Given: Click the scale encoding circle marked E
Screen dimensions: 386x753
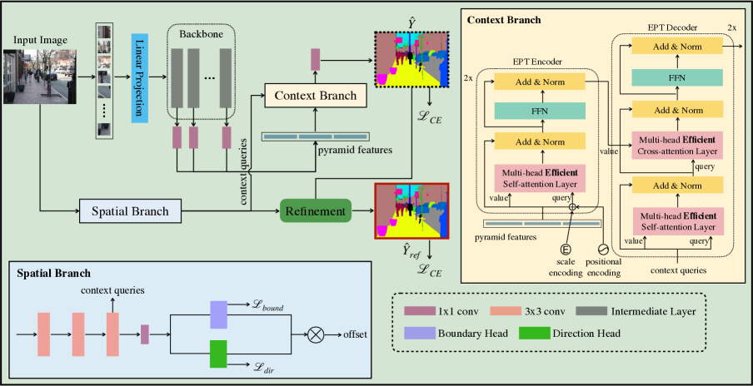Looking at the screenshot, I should point(566,250).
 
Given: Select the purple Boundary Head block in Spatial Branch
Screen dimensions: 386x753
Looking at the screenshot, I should point(218,314).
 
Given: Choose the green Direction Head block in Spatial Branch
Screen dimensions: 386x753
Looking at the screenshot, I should point(218,353).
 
